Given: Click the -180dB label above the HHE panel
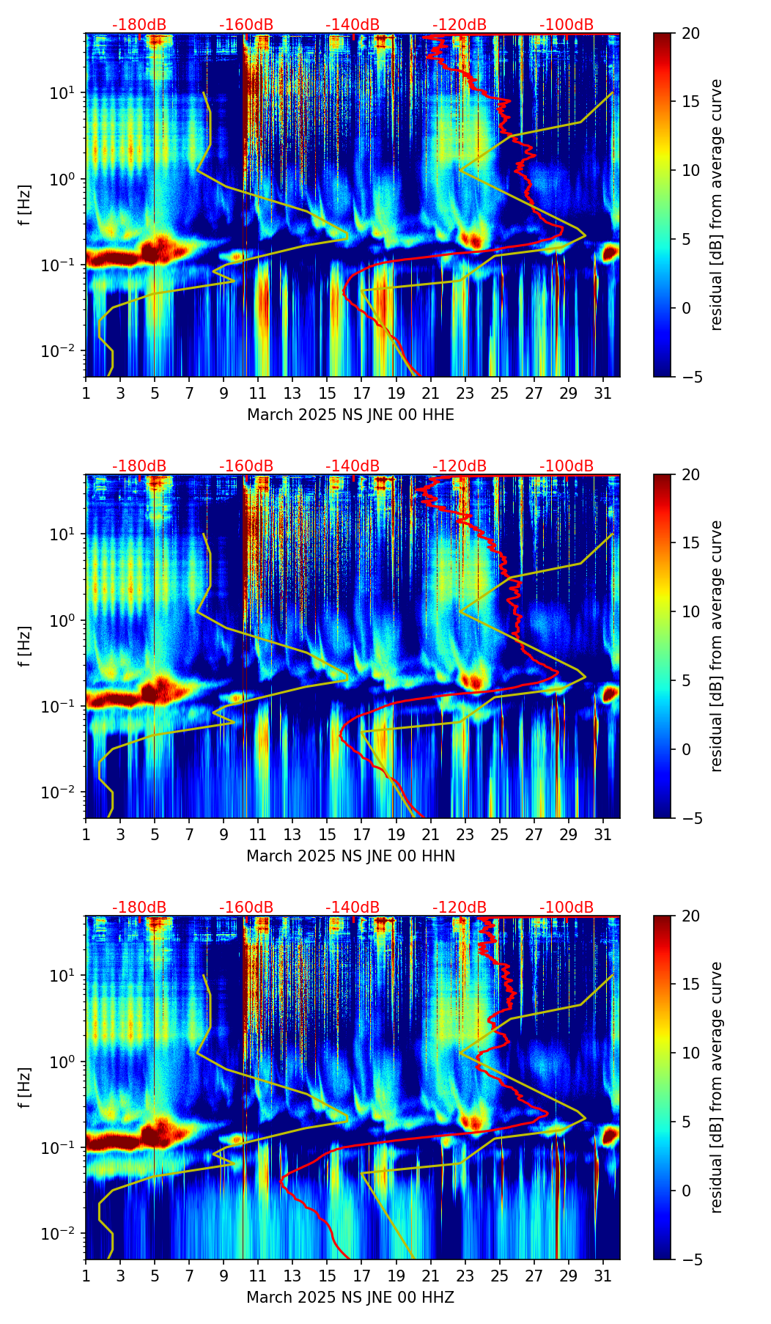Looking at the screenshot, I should [x=139, y=25].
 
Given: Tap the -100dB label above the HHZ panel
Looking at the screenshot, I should [x=567, y=908].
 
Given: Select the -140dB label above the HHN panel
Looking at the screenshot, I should [x=353, y=466].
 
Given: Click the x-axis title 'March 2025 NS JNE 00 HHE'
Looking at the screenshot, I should [x=350, y=415].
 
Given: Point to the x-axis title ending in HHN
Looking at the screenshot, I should [x=350, y=856].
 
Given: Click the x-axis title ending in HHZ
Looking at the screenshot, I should [x=350, y=1298].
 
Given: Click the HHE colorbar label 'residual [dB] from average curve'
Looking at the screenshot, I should [x=717, y=205].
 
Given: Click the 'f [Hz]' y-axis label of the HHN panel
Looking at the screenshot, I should [x=25, y=646].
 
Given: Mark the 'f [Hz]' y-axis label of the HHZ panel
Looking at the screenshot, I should [x=25, y=1087].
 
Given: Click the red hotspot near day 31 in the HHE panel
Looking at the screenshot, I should [x=610, y=253].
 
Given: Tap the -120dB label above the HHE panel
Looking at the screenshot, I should [x=460, y=25].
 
